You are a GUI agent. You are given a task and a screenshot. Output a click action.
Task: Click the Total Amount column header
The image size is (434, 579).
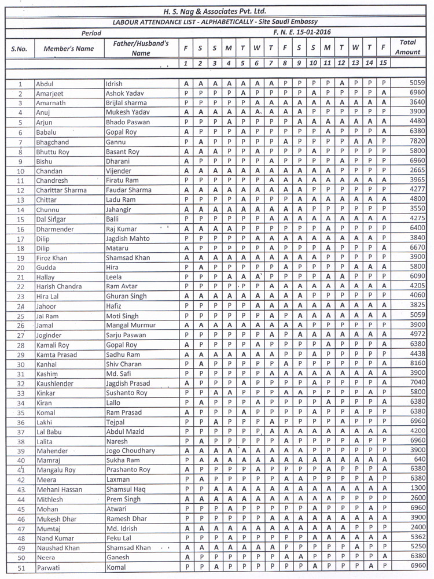point(407,47)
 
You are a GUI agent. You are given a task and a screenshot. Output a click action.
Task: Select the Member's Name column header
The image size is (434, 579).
point(68,49)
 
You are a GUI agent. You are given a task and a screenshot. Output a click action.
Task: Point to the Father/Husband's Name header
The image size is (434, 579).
point(141,48)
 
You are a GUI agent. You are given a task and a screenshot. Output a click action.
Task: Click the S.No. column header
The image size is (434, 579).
point(19,49)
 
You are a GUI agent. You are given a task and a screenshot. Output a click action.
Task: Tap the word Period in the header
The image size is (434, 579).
point(91,34)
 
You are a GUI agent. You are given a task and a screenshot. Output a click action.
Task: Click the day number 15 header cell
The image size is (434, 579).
point(383,62)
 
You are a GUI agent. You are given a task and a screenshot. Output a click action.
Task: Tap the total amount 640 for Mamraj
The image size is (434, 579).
point(420,460)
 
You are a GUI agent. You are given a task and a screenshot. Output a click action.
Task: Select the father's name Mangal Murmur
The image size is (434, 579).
point(130,326)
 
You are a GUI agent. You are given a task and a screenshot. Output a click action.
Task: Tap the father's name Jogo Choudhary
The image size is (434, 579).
point(130,451)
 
